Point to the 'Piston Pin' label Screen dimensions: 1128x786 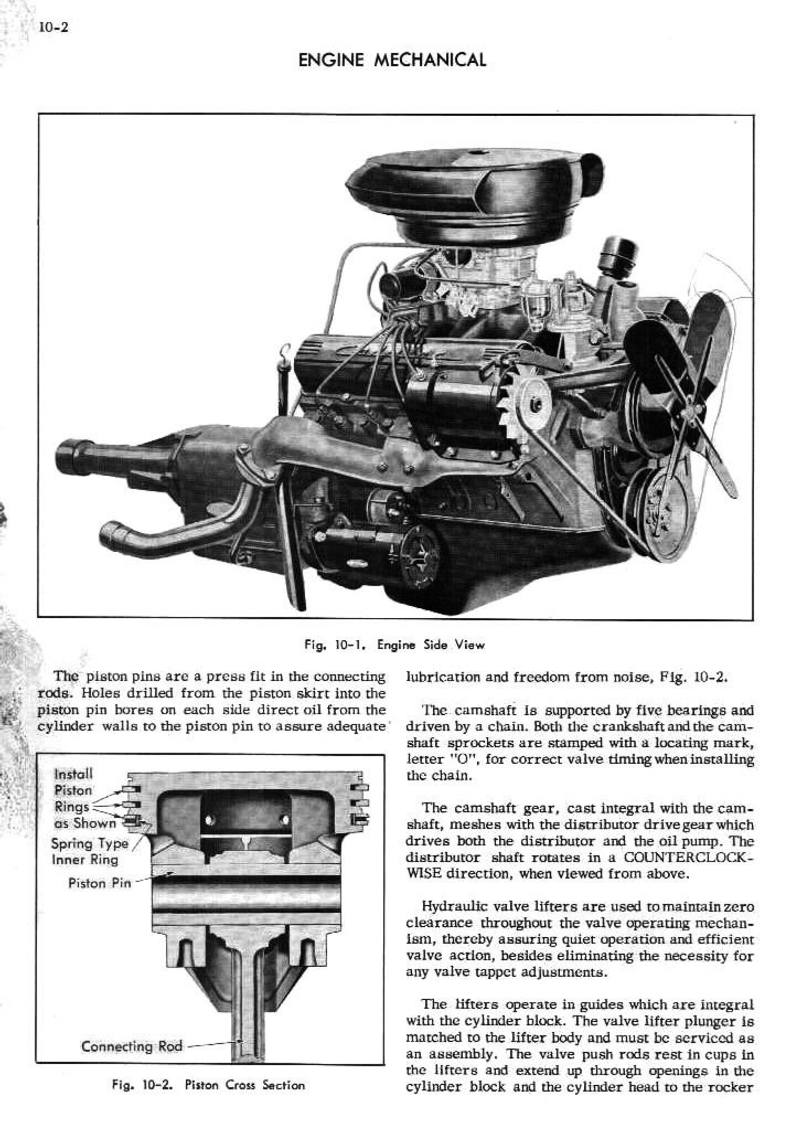(x=99, y=884)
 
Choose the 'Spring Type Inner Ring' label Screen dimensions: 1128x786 (x=89, y=852)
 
